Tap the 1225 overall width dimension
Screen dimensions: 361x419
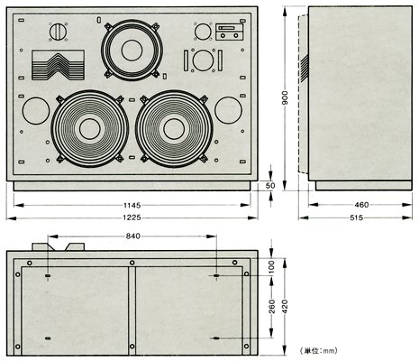coord(132,219)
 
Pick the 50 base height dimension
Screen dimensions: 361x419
coord(269,186)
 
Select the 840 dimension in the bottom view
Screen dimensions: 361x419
coord(132,236)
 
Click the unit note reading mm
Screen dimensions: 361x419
coord(313,348)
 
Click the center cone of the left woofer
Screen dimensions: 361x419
coord(88,128)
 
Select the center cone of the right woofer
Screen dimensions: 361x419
coord(176,128)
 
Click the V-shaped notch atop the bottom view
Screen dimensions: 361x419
coord(61,245)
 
